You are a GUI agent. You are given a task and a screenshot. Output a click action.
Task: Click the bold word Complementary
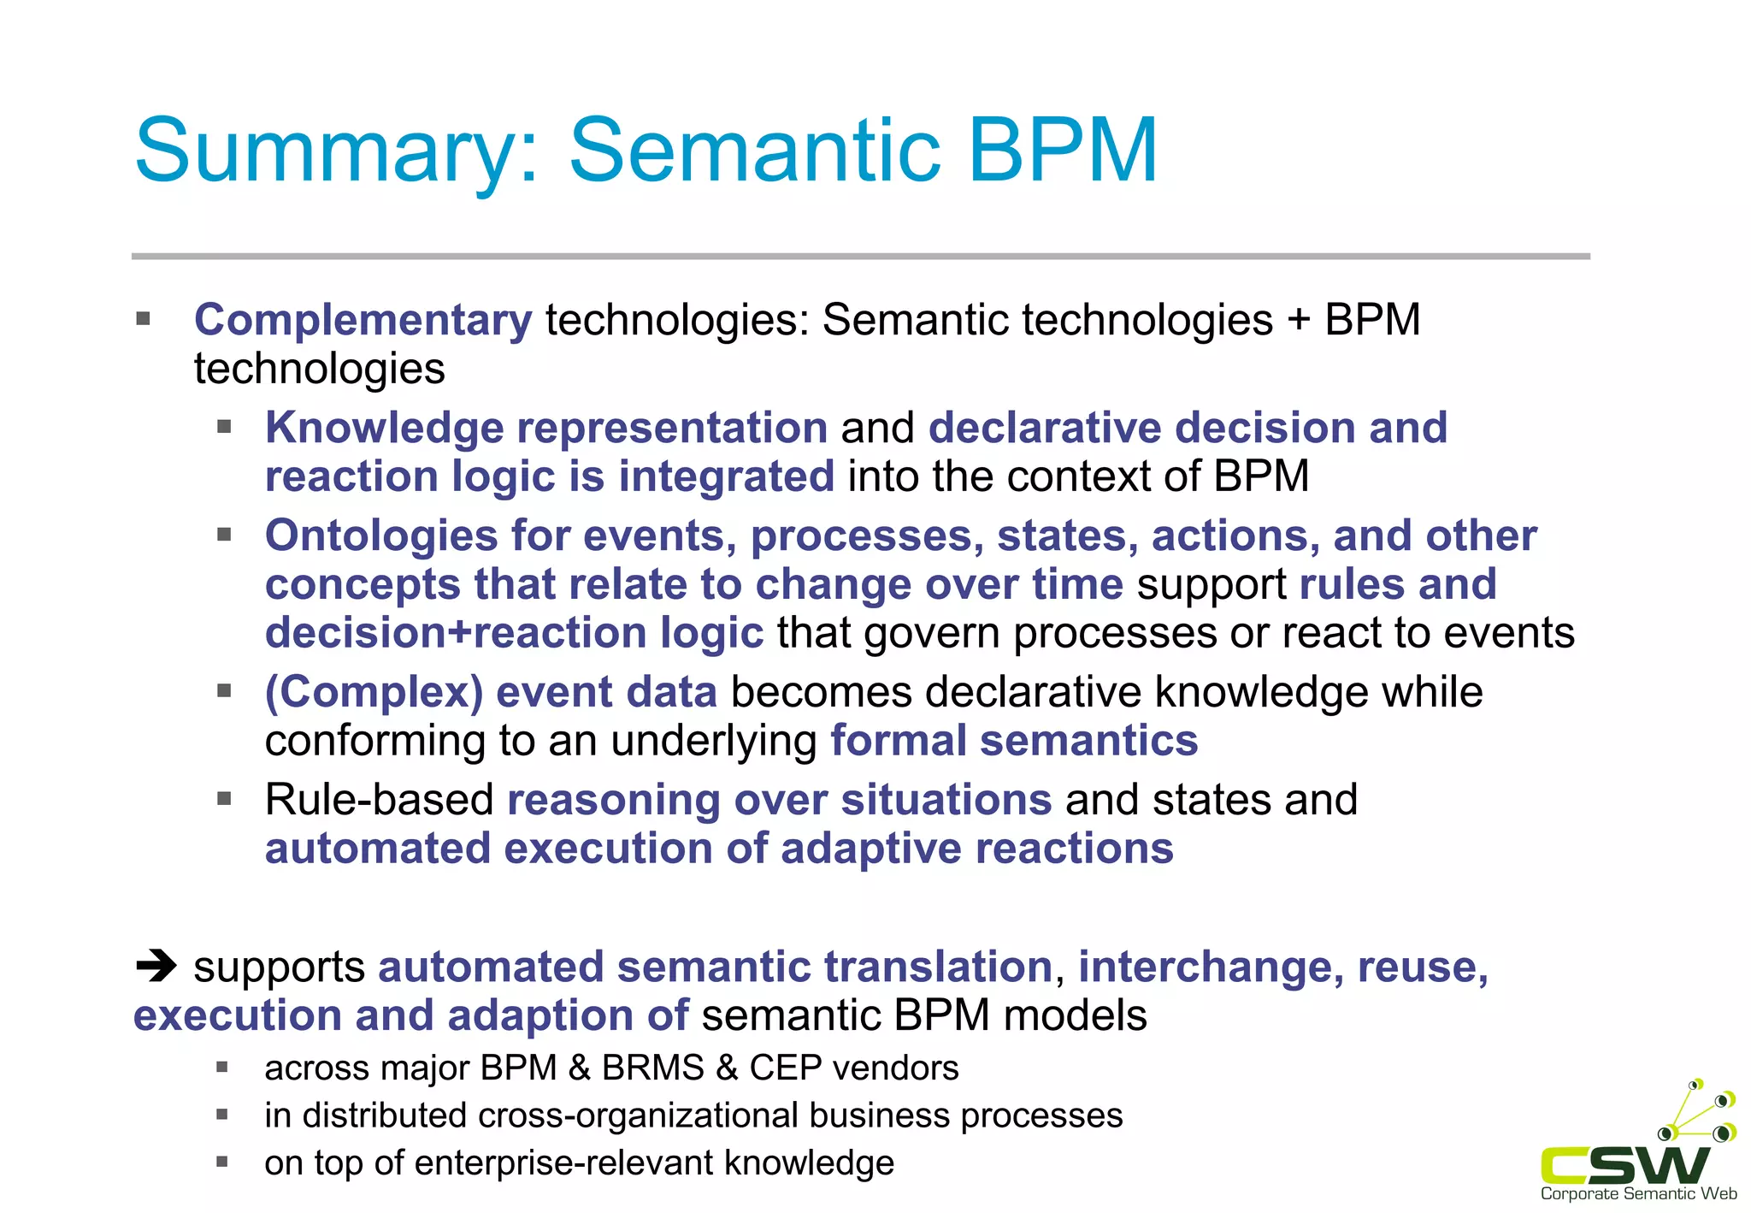click(x=363, y=321)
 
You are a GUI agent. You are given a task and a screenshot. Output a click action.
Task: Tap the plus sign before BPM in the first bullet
click(x=1298, y=322)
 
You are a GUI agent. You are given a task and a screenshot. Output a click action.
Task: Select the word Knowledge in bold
click(x=384, y=428)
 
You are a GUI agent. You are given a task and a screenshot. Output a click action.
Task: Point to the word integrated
click(x=726, y=476)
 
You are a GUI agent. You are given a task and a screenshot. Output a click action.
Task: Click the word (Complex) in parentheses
click(x=374, y=692)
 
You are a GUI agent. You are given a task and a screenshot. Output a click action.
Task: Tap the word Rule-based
click(x=379, y=801)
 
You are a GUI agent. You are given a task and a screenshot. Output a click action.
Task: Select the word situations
click(x=946, y=801)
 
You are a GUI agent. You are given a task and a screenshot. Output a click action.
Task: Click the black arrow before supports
click(x=156, y=967)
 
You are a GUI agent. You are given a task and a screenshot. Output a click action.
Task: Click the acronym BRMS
click(x=653, y=1068)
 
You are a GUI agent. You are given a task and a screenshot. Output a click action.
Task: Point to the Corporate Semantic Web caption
click(x=1638, y=1194)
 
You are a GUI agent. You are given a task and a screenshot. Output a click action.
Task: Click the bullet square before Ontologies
click(x=224, y=535)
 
